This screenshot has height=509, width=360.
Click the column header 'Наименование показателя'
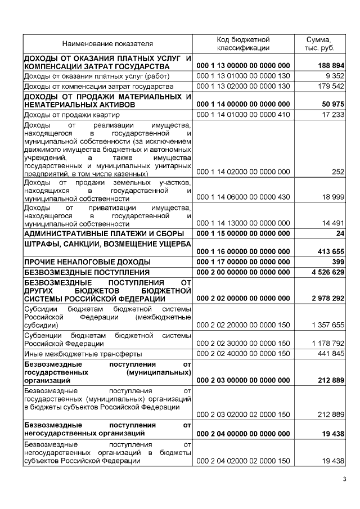(x=107, y=44)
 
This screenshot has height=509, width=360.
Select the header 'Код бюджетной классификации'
(x=244, y=44)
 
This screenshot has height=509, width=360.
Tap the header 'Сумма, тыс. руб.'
(x=318, y=44)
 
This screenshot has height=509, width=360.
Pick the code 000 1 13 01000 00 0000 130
(x=244, y=76)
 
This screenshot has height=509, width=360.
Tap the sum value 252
(x=338, y=172)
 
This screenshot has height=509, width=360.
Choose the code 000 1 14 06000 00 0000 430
(x=244, y=197)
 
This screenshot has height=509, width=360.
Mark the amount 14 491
(x=333, y=223)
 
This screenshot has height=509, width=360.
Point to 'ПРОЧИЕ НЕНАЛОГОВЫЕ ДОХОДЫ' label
(x=87, y=262)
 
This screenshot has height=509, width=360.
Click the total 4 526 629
(x=328, y=272)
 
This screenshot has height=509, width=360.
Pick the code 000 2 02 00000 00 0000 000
(x=244, y=298)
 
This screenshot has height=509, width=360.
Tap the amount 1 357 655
(x=330, y=325)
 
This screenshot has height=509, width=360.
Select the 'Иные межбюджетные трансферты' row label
(x=75, y=353)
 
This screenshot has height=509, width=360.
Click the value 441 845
(x=332, y=353)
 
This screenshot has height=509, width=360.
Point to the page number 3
(x=345, y=479)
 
